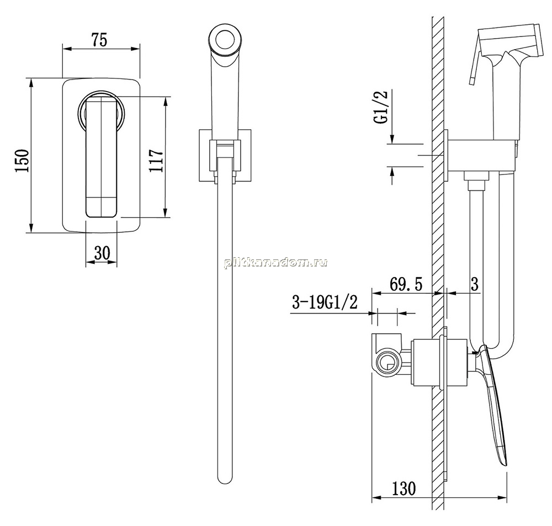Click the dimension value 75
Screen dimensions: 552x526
(x=99, y=40)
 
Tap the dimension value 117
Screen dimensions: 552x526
(x=156, y=161)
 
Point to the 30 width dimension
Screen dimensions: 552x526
(x=102, y=252)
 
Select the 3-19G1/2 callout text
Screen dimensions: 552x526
(x=325, y=302)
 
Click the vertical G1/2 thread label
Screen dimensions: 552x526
(x=381, y=107)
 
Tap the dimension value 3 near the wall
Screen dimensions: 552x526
(x=475, y=284)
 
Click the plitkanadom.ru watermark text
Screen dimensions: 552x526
(x=275, y=263)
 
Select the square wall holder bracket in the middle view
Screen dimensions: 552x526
(x=225, y=156)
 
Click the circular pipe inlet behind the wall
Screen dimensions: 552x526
(x=388, y=364)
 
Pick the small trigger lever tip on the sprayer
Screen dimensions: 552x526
(x=472, y=81)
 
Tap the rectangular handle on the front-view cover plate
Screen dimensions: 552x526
(x=102, y=158)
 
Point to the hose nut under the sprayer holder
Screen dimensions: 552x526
(x=477, y=176)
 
